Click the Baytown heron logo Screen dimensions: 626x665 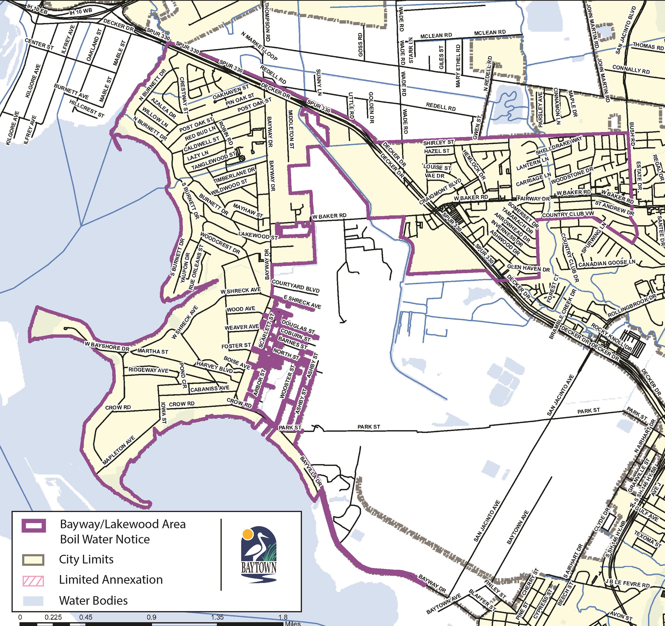pyautogui.click(x=259, y=554)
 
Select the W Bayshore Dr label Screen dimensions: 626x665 pyautogui.click(x=107, y=346)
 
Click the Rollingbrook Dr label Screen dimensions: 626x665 pyautogui.click(x=631, y=306)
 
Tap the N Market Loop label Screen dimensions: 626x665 pyautogui.click(x=259, y=46)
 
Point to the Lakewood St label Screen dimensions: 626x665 pyautogui.click(x=258, y=236)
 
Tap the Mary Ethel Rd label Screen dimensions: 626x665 pyautogui.click(x=458, y=66)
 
